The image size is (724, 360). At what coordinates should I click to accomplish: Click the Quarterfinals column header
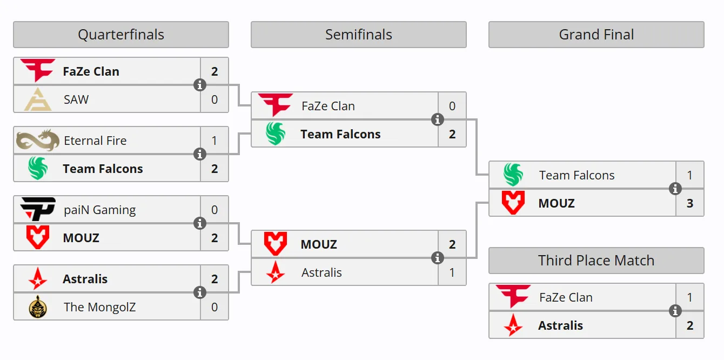[x=121, y=35]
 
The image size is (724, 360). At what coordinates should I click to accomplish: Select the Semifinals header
[x=358, y=35]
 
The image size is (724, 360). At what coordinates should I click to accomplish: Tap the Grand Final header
[x=596, y=35]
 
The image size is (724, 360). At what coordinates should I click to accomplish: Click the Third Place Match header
[x=596, y=261]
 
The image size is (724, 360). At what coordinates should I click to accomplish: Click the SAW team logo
[x=38, y=99]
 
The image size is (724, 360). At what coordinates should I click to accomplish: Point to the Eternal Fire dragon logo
[x=38, y=141]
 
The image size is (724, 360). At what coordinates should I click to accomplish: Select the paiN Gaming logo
[x=38, y=209]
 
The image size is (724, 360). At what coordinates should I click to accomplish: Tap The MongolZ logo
[x=38, y=307]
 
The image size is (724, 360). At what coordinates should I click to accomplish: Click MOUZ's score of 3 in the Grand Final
[x=690, y=203]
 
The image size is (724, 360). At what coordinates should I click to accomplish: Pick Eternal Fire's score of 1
[x=214, y=141]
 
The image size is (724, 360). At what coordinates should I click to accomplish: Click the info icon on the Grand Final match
[x=675, y=189]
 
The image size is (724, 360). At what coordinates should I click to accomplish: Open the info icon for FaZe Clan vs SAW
[x=200, y=85]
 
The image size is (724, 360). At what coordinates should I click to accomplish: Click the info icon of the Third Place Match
[x=675, y=311]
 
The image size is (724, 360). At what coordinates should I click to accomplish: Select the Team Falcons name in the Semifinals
[x=340, y=134]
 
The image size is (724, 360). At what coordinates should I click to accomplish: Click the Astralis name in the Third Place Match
[x=560, y=325]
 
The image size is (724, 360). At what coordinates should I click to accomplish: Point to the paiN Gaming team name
[x=99, y=210]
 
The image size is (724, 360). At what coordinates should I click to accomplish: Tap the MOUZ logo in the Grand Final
[x=513, y=203]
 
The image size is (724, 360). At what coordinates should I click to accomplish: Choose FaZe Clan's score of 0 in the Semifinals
[x=452, y=106]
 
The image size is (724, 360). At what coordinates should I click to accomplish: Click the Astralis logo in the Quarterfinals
[x=38, y=278]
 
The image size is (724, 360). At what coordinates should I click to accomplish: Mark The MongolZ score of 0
[x=214, y=307]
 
